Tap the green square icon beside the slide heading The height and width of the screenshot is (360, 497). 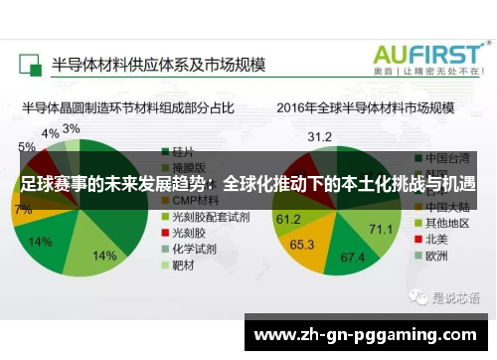coord(30,63)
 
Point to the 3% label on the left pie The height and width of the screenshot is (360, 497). coord(71,129)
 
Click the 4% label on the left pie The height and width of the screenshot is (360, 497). coord(50,133)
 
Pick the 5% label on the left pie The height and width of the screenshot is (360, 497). coord(26,147)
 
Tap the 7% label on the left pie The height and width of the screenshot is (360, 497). coord(22,210)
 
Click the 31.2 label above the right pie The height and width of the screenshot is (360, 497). coord(319,136)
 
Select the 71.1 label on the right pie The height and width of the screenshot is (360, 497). coord(381,230)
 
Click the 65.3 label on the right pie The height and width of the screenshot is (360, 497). coord(302,243)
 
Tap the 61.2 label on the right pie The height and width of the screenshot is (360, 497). coord(288,219)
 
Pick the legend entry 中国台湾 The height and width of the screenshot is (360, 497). coord(444,157)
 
